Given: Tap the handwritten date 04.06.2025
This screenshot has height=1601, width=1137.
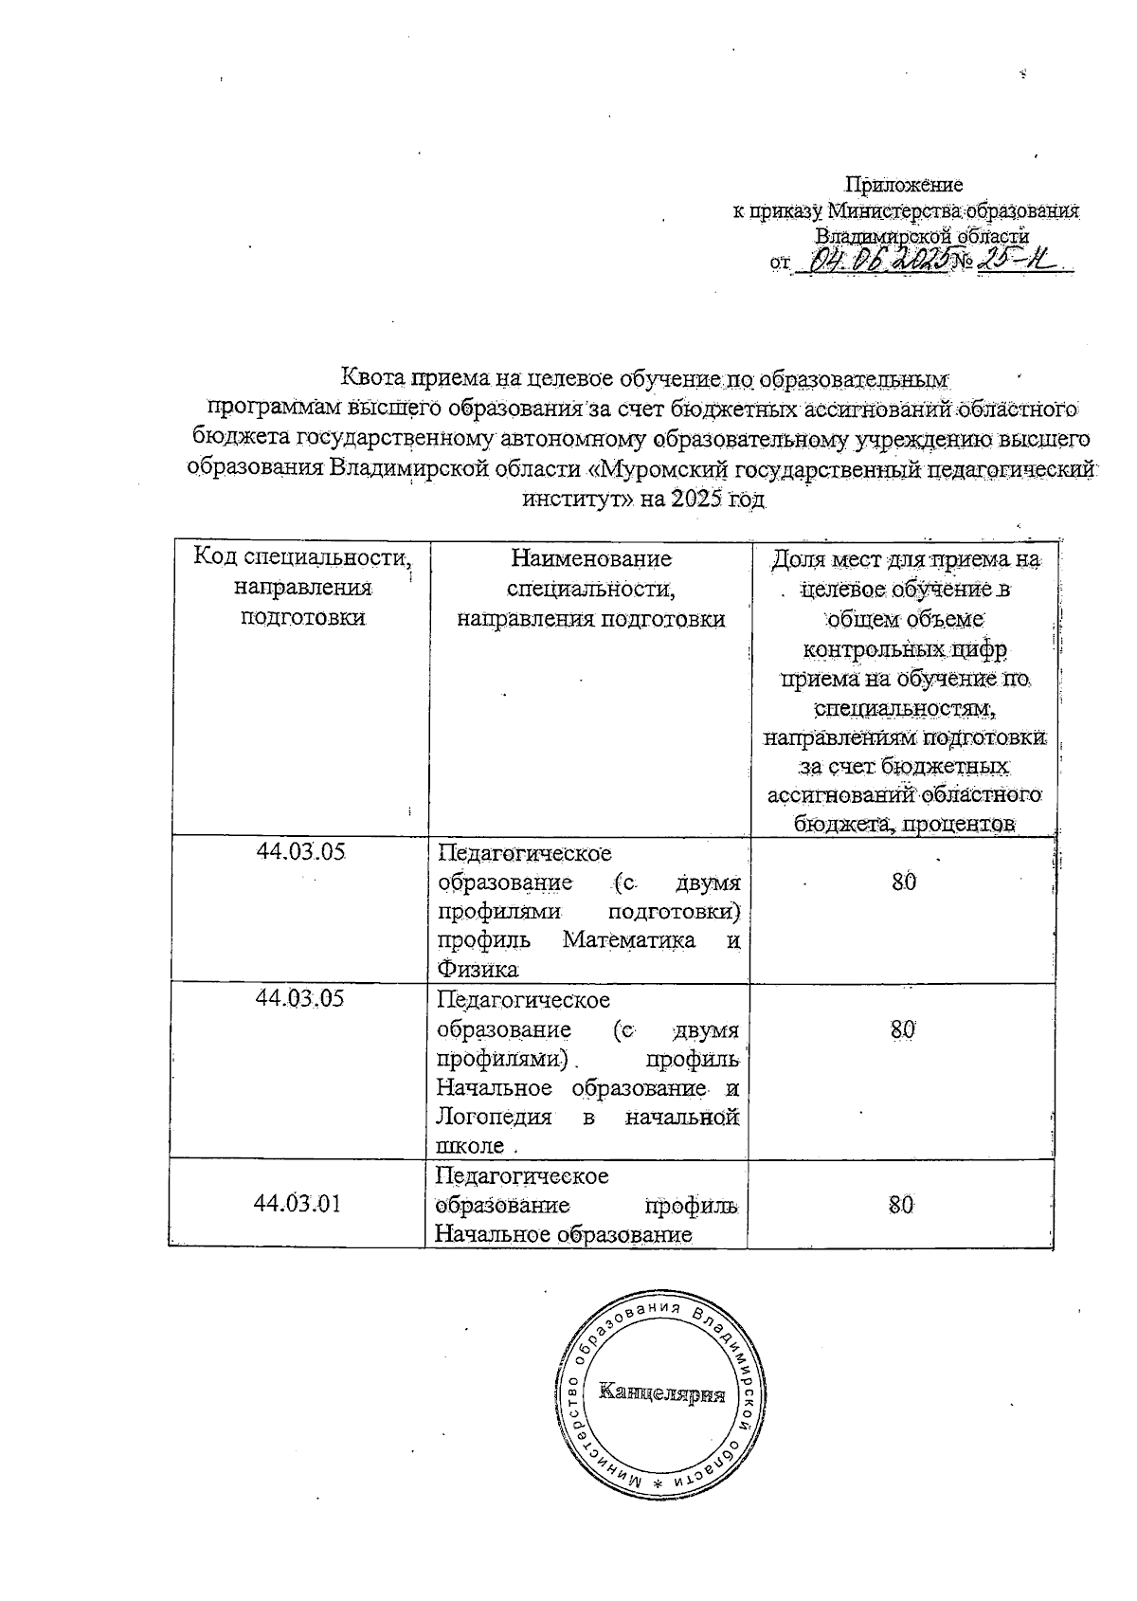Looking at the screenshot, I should pyautogui.click(x=879, y=262).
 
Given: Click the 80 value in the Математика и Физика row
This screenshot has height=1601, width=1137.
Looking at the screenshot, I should pyautogui.click(x=904, y=882).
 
